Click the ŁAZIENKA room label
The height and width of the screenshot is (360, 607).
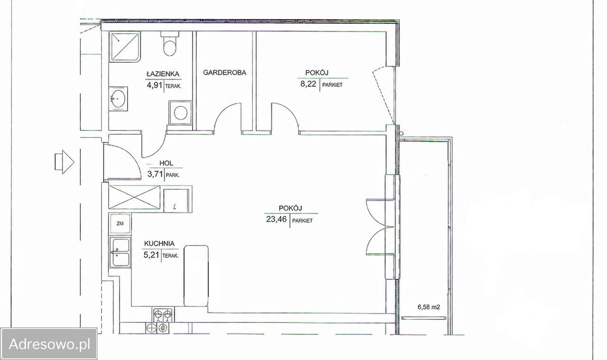pyautogui.click(x=163, y=74)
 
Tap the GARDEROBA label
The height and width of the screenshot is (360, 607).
pyautogui.click(x=225, y=73)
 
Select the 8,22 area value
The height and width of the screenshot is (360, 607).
pyautogui.click(x=308, y=84)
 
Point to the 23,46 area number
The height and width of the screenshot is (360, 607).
pyautogui.click(x=276, y=219)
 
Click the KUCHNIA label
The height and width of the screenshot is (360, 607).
pyautogui.click(x=159, y=243)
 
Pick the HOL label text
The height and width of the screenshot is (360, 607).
pyautogui.click(x=166, y=163)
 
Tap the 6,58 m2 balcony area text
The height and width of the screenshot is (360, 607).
pyautogui.click(x=429, y=307)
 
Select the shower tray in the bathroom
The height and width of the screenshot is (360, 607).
pyautogui.click(x=125, y=47)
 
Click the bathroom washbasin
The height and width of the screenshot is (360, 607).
pyautogui.click(x=118, y=99)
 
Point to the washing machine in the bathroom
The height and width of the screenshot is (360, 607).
pyautogui.click(x=180, y=112)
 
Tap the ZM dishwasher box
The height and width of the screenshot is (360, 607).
pyautogui.click(x=120, y=224)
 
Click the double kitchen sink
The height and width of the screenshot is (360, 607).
pyautogui.click(x=120, y=252)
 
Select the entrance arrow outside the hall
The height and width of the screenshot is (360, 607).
pyautogui.click(x=64, y=162)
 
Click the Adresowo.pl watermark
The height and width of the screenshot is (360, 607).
pyautogui.click(x=49, y=344)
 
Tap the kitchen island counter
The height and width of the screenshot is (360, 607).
pyautogui.click(x=196, y=276)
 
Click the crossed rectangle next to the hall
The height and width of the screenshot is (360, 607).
pyautogui.click(x=134, y=197)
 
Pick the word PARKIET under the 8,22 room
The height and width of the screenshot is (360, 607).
pyautogui.click(x=332, y=85)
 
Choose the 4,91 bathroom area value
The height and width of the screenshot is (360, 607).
pyautogui.click(x=155, y=85)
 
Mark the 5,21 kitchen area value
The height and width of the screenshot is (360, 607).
pyautogui.click(x=151, y=255)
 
